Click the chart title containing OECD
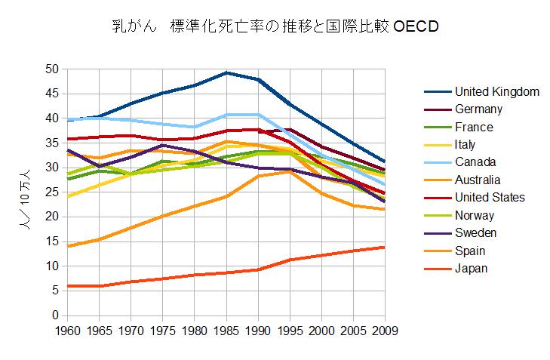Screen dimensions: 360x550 tap(275, 27)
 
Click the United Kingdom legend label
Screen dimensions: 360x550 tap(496, 91)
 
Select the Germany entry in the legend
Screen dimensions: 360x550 tap(480, 109)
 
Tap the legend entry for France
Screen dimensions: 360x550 tap(474, 127)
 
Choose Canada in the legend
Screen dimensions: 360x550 tap(476, 162)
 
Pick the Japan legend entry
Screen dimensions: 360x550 tap(472, 268)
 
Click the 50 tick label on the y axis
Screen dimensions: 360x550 tap(51, 69)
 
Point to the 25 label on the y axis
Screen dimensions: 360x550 tap(51, 192)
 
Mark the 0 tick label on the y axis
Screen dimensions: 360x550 tap(54, 315)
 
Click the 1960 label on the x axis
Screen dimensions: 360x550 tap(68, 330)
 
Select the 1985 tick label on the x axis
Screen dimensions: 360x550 tap(226, 330)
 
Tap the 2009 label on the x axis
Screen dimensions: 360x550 tap(386, 330)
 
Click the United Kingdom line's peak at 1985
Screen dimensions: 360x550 tap(226, 72)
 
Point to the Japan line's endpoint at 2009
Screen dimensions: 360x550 tap(386, 247)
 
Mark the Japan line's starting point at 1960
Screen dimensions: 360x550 tap(68, 285)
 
